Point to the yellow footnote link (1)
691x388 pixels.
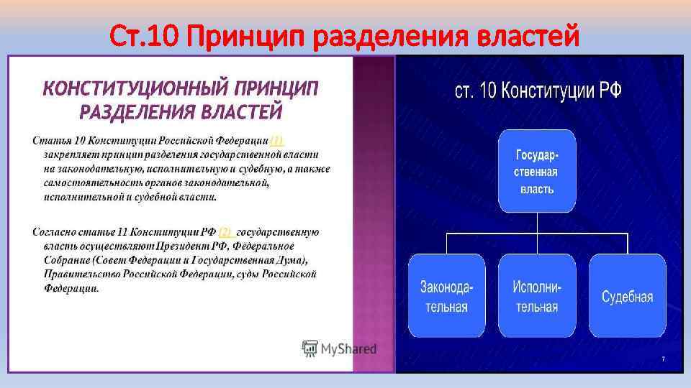[276, 141]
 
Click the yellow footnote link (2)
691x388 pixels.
[226, 232]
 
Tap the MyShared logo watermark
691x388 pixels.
[339, 349]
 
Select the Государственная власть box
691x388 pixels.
[536, 171]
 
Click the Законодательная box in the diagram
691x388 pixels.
[447, 295]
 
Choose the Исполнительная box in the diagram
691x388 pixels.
[537, 295]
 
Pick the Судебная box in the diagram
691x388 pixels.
[627, 295]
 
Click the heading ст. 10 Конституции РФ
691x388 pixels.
[538, 91]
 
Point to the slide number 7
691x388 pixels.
[663, 359]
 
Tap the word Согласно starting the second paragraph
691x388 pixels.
[55, 232]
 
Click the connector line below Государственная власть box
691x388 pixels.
[536, 223]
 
